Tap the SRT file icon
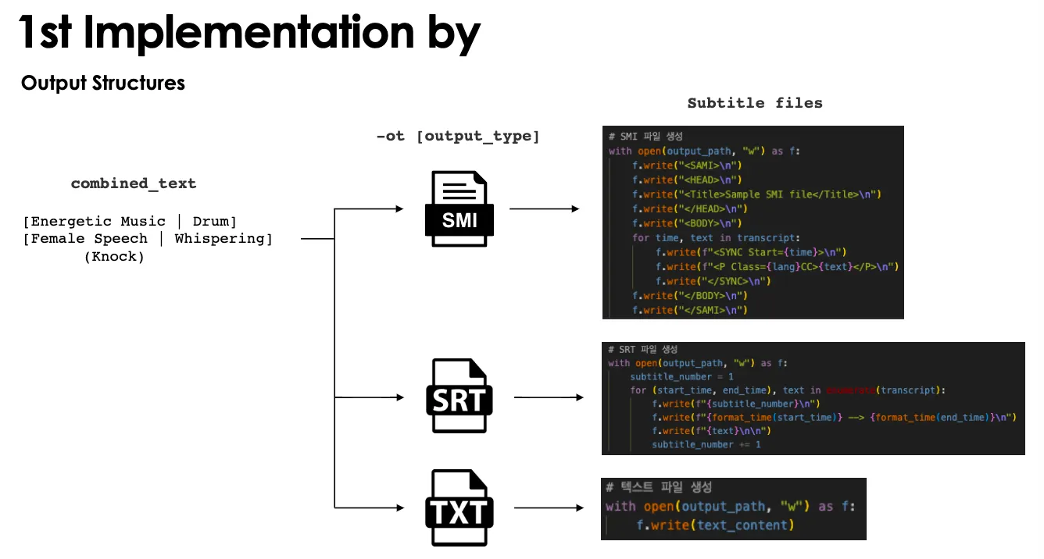coord(459,396)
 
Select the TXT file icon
coord(459,508)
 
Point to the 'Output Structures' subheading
coord(103,84)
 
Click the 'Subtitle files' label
coord(754,102)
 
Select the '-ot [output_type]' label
coord(458,136)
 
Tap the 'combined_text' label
coord(134,183)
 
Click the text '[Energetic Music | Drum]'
coord(130,222)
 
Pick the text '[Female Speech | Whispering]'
coord(148,239)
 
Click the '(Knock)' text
coord(115,257)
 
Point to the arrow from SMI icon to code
coord(545,209)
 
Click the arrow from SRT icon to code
coord(549,397)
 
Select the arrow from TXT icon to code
coord(549,508)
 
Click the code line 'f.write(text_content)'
coord(715,525)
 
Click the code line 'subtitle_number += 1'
coord(706,444)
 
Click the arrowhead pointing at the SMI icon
coord(400,209)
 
